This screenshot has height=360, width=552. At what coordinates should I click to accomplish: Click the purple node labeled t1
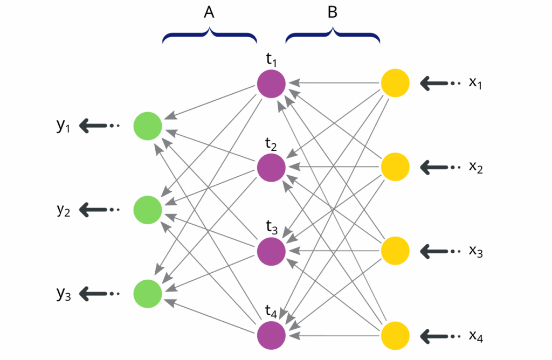271,84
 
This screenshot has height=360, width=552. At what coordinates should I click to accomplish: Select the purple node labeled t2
271,168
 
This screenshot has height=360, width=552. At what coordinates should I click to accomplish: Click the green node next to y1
148,126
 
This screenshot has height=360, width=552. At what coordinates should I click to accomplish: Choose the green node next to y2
148,210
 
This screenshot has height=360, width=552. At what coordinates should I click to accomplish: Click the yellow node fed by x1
395,84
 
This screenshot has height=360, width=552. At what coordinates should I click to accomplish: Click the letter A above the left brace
209,13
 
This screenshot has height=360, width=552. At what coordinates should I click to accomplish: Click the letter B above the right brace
333,13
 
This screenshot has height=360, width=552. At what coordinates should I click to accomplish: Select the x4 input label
476,336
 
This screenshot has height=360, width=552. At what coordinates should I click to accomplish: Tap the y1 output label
64,126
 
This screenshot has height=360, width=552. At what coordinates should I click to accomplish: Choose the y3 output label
64,294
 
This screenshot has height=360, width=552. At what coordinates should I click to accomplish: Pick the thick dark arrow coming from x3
437,251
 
